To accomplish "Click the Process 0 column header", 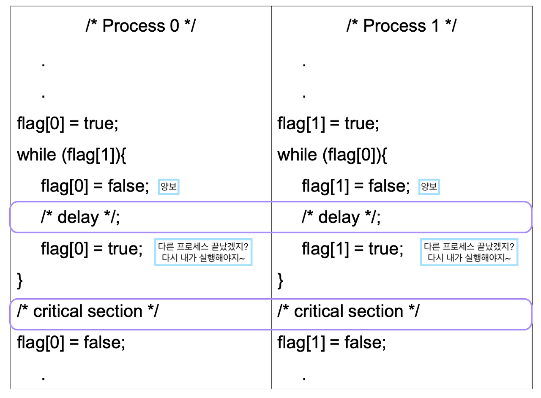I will coord(141,26).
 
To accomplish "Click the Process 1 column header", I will coord(402,26).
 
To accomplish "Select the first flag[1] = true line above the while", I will coord(328,124).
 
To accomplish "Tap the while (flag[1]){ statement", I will coord(72,155).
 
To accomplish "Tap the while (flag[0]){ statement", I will coord(332,155).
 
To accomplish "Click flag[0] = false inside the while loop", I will coord(95,186).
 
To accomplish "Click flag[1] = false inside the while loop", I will coord(356,186).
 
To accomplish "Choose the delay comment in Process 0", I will coord(80,217).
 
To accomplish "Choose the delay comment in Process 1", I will coord(341,217).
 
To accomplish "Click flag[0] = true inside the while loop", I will coord(92,248).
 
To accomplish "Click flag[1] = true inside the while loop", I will coord(352,248).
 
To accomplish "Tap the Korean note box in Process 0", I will coord(203,252).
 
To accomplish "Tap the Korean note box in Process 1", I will coord(469,252).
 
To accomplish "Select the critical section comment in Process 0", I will coord(87,311).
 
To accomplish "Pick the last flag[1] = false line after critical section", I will coord(332,342).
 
